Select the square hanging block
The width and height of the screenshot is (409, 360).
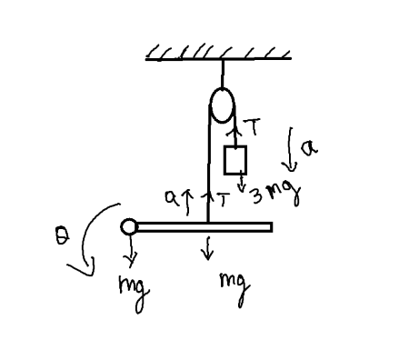[x=235, y=160]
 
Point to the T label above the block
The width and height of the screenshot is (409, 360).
[x=252, y=130]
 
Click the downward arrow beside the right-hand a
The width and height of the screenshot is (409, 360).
[x=291, y=149]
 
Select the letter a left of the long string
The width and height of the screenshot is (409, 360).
[x=169, y=195]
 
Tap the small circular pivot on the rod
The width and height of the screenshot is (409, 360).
[x=130, y=225]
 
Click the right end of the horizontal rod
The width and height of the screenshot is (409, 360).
[x=269, y=225]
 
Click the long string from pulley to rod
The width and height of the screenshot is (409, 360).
[x=209, y=164]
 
